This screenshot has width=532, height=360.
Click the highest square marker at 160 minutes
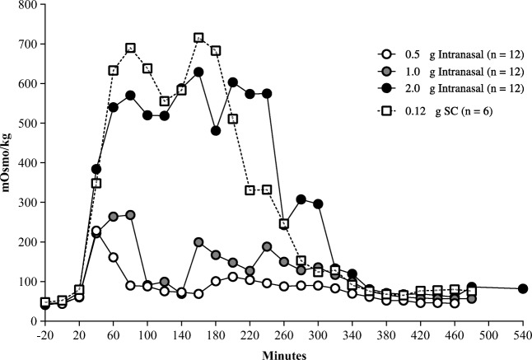[198, 38]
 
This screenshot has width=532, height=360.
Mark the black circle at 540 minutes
[523, 288]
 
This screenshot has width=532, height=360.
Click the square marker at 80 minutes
[130, 48]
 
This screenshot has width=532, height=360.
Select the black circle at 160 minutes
[198, 72]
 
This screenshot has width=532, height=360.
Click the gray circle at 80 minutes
[130, 215]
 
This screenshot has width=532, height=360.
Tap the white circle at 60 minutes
[113, 257]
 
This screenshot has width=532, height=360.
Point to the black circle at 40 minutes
[96, 169]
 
